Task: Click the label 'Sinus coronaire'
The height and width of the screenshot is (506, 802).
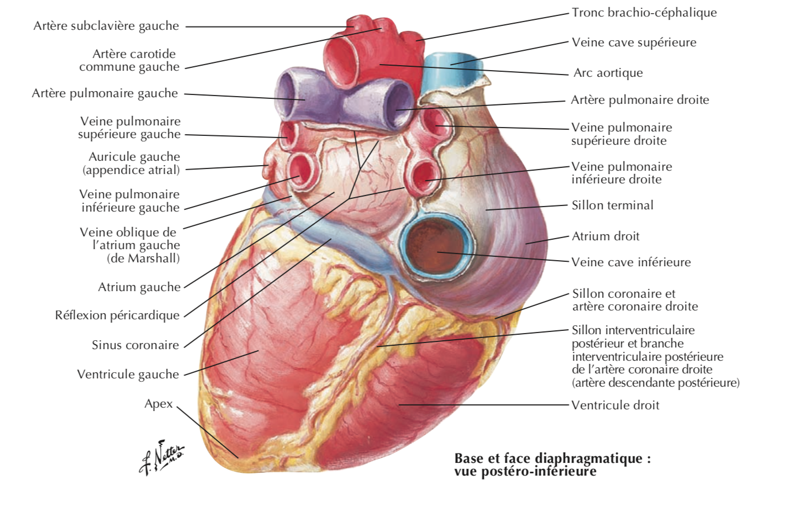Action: [135, 345]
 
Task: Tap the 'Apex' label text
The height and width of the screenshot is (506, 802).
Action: [159, 404]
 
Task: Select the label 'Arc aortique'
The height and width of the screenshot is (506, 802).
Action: [608, 73]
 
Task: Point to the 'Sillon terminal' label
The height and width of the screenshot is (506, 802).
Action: [612, 205]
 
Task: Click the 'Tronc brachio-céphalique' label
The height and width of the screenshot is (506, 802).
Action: [644, 13]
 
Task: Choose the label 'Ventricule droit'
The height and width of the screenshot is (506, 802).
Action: [615, 405]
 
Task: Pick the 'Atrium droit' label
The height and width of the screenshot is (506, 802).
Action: [605, 236]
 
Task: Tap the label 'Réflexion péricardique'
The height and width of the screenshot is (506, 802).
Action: [117, 315]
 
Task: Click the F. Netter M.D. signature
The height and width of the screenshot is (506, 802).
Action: [161, 457]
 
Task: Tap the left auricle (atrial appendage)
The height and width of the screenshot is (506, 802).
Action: [269, 165]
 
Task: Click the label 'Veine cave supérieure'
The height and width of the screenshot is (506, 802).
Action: [634, 43]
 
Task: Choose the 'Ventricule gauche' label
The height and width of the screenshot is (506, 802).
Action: [128, 374]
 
